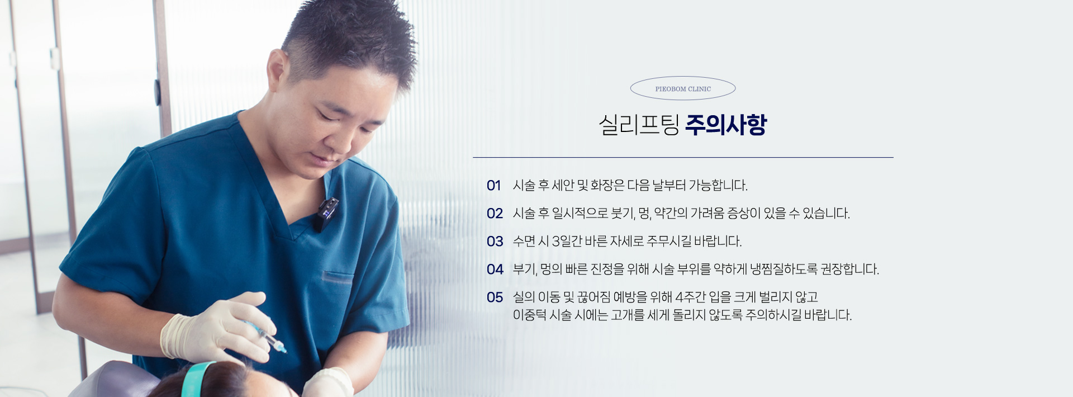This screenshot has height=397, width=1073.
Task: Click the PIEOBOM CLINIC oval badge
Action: (682, 88)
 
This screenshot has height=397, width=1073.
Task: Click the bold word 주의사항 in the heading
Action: (726, 125)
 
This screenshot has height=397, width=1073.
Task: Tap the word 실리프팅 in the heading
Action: (639, 125)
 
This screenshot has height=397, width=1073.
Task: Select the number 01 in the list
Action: (493, 186)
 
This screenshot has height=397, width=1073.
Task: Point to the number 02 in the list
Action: (495, 214)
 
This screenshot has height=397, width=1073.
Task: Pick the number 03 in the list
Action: (495, 242)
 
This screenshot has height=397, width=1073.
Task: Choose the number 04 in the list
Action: (495, 270)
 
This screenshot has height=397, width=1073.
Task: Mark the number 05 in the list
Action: (495, 297)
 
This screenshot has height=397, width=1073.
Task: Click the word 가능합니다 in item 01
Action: (718, 186)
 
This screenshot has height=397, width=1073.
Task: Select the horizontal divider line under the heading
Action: (683, 158)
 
